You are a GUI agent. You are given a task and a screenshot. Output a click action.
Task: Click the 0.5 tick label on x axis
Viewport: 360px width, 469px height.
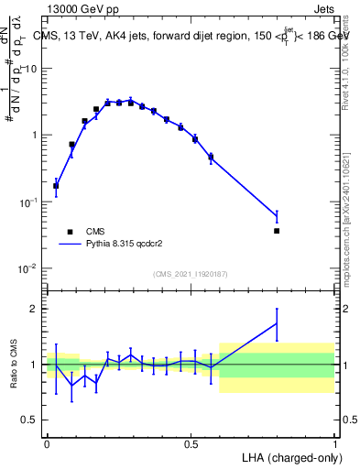tap(191, 443)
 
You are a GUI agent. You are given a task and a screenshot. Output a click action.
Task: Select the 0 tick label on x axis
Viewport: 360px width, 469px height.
tap(47, 443)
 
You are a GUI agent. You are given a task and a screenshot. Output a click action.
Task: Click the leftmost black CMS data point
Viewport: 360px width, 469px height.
tap(56, 186)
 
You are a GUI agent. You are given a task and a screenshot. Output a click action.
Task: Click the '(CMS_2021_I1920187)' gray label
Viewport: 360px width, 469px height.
tap(190, 274)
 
